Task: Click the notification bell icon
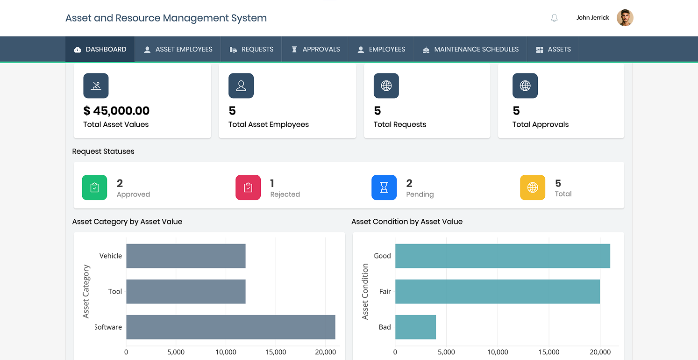(554, 18)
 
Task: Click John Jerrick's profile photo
(625, 18)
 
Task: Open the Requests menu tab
(251, 49)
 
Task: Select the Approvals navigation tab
(315, 49)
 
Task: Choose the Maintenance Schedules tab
(470, 49)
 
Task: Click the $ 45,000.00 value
(116, 111)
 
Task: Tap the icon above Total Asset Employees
(241, 86)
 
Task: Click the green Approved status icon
(94, 187)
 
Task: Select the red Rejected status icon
(248, 187)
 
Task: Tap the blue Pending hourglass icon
(384, 187)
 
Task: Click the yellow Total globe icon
(533, 187)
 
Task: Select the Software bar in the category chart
(230, 327)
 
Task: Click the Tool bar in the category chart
(185, 291)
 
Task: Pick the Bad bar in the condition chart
(415, 327)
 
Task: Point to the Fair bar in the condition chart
(497, 291)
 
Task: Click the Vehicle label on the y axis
(111, 256)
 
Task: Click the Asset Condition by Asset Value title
(407, 222)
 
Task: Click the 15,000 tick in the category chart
(276, 352)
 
